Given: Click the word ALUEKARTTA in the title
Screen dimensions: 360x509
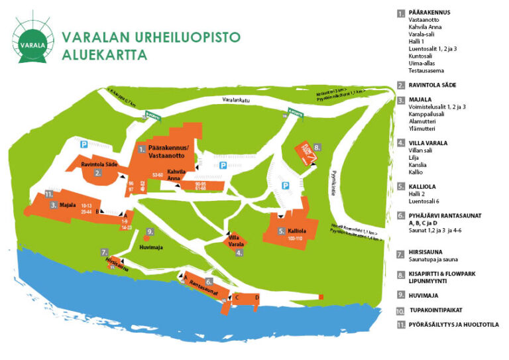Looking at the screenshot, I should coord(104,55).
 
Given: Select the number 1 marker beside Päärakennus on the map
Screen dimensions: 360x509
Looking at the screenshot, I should coord(141,150).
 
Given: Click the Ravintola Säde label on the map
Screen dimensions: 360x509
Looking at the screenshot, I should coord(100,163).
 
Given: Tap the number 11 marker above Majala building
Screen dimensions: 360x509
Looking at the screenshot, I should coord(48,194).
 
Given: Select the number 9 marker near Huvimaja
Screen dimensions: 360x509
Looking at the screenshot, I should coord(150,231).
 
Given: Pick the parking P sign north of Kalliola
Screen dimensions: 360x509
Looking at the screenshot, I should coord(286,186).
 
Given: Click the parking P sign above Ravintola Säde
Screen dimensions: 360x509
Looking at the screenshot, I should coord(84,143).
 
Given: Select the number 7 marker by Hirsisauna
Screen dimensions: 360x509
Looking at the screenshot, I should coord(104,252).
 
